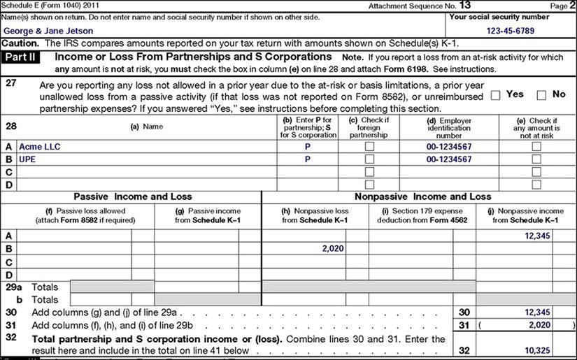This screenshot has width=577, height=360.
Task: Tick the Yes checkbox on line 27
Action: (x=495, y=95)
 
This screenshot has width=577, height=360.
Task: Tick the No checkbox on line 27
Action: (x=541, y=95)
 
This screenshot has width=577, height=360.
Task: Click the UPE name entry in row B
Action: (x=27, y=159)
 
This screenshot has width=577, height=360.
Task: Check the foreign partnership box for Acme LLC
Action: (x=369, y=147)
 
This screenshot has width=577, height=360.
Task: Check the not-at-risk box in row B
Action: (x=536, y=159)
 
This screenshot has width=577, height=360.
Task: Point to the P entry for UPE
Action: (x=308, y=159)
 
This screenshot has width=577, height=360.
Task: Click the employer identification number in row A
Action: (x=448, y=147)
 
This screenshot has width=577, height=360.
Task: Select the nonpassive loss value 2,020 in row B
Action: (x=334, y=248)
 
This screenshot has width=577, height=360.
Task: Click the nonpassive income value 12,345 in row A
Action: (x=538, y=236)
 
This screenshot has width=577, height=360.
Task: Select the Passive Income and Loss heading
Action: (x=132, y=197)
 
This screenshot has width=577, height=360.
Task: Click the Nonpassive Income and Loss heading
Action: (x=422, y=197)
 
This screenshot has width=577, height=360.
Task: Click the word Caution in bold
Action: (x=19, y=43)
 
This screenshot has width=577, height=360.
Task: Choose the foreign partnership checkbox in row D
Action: (x=369, y=184)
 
